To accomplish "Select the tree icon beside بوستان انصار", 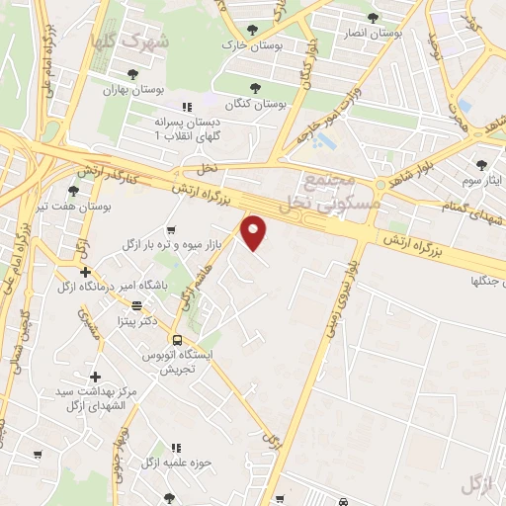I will click(373, 18).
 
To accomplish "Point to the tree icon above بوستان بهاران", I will click(132, 73).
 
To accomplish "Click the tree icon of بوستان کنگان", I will click(256, 87).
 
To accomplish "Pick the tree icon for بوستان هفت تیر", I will click(73, 191).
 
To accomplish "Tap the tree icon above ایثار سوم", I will click(481, 165).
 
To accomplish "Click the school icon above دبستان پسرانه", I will click(185, 107).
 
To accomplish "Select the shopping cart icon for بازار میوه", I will click(157, 229).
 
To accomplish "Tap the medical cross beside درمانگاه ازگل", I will click(86, 272).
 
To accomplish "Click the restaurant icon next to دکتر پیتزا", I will click(136, 306).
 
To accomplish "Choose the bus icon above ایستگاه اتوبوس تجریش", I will click(177, 341).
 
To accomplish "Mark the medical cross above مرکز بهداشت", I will click(95, 377).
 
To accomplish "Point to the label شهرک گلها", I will click(128, 42).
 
